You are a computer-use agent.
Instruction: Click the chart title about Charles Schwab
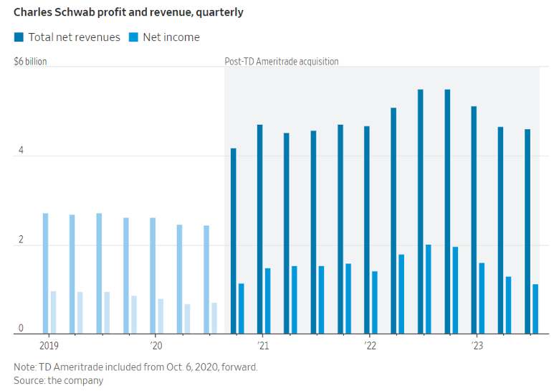128,12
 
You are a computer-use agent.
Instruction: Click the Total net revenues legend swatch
19,37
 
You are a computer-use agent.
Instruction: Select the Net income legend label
171,37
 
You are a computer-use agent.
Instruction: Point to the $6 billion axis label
30,62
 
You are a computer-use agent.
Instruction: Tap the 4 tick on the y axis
21,151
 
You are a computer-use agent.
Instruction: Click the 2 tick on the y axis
21,240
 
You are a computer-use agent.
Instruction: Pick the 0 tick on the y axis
21,329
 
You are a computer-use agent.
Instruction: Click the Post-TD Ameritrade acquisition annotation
282,62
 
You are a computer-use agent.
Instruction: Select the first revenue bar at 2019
45,273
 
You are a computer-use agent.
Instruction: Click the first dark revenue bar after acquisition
234,240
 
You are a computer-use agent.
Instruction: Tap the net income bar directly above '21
268,301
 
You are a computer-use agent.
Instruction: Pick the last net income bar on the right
535,308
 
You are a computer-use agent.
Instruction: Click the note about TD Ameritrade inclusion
135,367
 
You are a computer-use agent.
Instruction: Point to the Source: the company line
59,380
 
